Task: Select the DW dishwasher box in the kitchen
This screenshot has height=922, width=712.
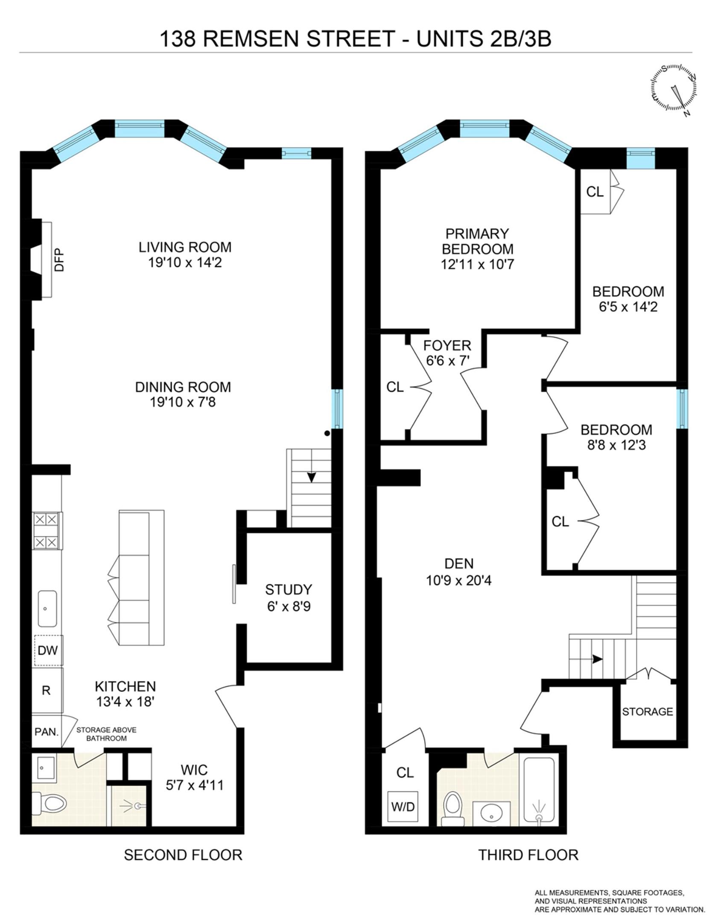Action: point(47,650)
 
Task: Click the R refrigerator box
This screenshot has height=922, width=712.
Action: point(46,690)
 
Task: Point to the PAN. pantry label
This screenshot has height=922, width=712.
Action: point(47,732)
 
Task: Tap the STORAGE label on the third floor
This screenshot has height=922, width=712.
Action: point(647,712)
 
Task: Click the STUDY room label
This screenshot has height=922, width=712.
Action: point(289,589)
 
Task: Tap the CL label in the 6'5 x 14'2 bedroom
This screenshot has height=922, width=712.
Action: point(595,192)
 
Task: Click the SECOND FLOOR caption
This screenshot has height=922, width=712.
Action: point(183,855)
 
